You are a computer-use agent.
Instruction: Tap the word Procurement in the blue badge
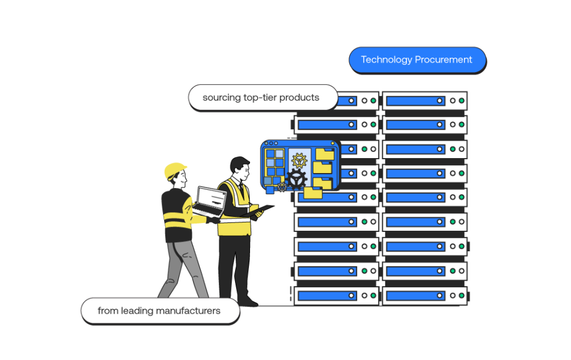444,60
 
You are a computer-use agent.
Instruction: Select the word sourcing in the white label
221,97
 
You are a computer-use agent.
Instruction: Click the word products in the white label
298,97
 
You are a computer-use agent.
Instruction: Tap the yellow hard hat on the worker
175,170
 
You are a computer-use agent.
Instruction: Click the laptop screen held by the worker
211,199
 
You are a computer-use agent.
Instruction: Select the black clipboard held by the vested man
262,210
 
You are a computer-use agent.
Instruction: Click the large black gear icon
296,179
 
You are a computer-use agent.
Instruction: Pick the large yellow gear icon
299,160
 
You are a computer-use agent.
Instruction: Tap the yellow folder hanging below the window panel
313,192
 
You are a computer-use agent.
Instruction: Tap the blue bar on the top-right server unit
415,101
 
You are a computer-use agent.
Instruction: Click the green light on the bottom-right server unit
462,296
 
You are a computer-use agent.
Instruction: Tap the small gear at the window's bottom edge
282,187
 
